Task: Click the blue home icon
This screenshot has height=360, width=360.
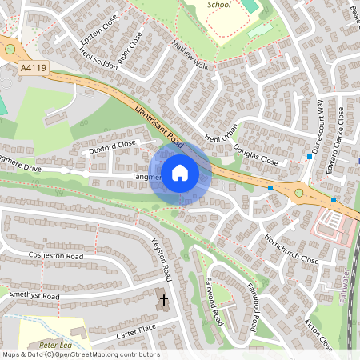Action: [180, 173]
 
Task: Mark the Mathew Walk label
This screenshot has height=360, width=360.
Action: [189, 58]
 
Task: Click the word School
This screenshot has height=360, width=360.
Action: [218, 5]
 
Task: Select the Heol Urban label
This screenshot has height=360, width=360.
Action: [222, 129]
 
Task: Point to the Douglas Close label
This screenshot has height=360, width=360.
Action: [255, 154]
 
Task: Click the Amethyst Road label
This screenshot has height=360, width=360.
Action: [34, 296]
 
